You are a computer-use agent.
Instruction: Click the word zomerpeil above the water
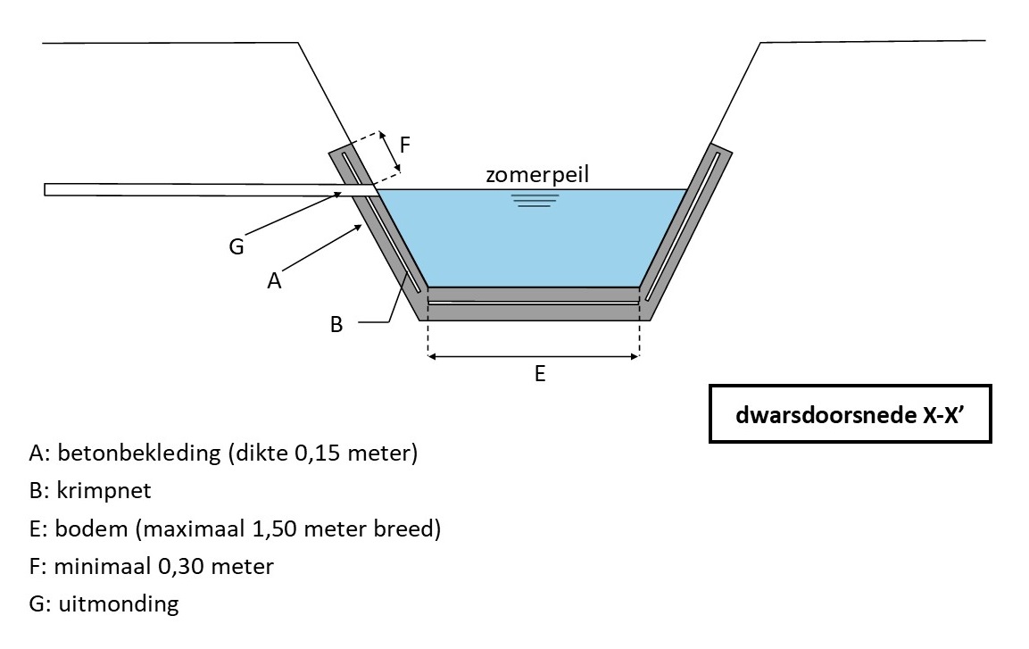(537, 174)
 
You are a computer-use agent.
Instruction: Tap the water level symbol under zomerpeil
(535, 200)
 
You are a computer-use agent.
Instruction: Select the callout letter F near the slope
(404, 145)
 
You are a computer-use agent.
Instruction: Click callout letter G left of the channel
(237, 246)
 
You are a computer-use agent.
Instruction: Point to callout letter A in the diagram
(274, 280)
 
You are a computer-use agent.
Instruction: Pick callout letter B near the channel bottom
(336, 325)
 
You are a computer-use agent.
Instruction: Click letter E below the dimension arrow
(539, 375)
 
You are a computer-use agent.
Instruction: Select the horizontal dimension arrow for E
(534, 356)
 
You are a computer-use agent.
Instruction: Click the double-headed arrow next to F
(388, 153)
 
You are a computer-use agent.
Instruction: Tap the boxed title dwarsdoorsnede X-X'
(851, 414)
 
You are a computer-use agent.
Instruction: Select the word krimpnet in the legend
(96, 491)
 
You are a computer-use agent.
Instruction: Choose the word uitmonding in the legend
(119, 603)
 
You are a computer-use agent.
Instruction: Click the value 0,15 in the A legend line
(305, 453)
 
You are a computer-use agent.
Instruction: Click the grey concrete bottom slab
(534, 312)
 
